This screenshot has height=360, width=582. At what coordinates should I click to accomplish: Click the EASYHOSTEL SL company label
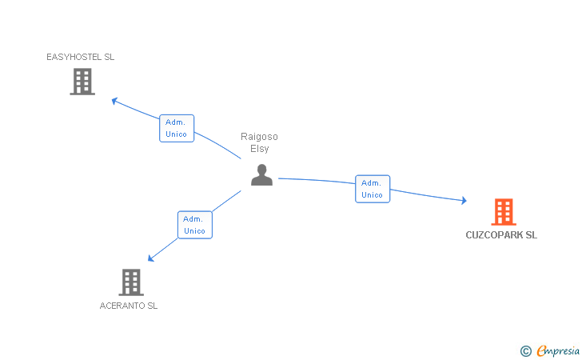[80, 57]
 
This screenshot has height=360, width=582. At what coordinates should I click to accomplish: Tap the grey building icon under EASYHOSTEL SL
[82, 82]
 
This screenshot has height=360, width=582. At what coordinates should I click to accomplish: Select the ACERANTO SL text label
[129, 306]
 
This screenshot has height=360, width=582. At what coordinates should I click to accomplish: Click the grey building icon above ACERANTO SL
[131, 282]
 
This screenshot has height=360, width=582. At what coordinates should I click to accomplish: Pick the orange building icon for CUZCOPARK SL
[504, 212]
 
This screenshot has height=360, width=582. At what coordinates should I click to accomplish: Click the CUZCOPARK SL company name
[501, 234]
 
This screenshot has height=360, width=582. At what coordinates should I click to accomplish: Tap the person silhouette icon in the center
[261, 174]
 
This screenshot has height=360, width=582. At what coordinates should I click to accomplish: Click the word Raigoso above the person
[259, 137]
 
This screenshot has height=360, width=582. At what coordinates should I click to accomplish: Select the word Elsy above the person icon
[260, 149]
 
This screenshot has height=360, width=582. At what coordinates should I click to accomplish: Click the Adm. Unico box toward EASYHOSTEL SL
[177, 128]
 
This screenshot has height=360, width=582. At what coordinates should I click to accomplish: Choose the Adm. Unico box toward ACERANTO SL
[195, 225]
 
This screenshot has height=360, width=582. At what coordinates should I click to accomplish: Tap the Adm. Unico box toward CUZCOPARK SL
[373, 189]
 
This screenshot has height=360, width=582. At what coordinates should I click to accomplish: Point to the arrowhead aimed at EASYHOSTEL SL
[114, 101]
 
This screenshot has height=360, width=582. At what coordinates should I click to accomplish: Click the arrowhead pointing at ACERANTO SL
[150, 258]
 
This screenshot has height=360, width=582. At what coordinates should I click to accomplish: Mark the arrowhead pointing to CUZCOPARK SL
[464, 201]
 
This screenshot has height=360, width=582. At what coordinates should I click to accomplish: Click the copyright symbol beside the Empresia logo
[525, 351]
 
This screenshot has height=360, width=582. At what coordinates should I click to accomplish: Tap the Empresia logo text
[558, 350]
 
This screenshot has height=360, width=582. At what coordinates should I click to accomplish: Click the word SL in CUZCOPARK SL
[532, 234]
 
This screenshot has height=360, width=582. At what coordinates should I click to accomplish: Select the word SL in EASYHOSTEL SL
[109, 57]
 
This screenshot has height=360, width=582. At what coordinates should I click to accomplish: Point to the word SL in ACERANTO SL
[153, 306]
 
